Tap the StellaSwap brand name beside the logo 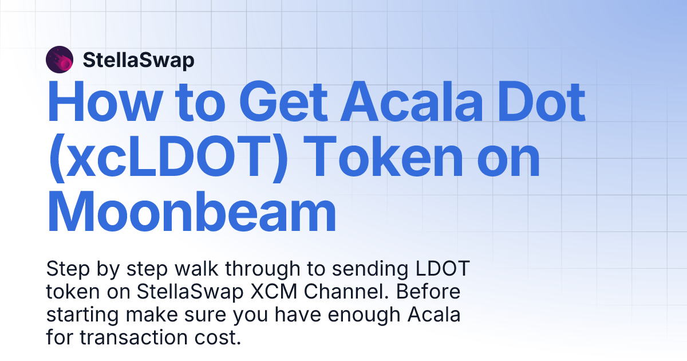click(139, 60)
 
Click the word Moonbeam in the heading click(191, 212)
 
